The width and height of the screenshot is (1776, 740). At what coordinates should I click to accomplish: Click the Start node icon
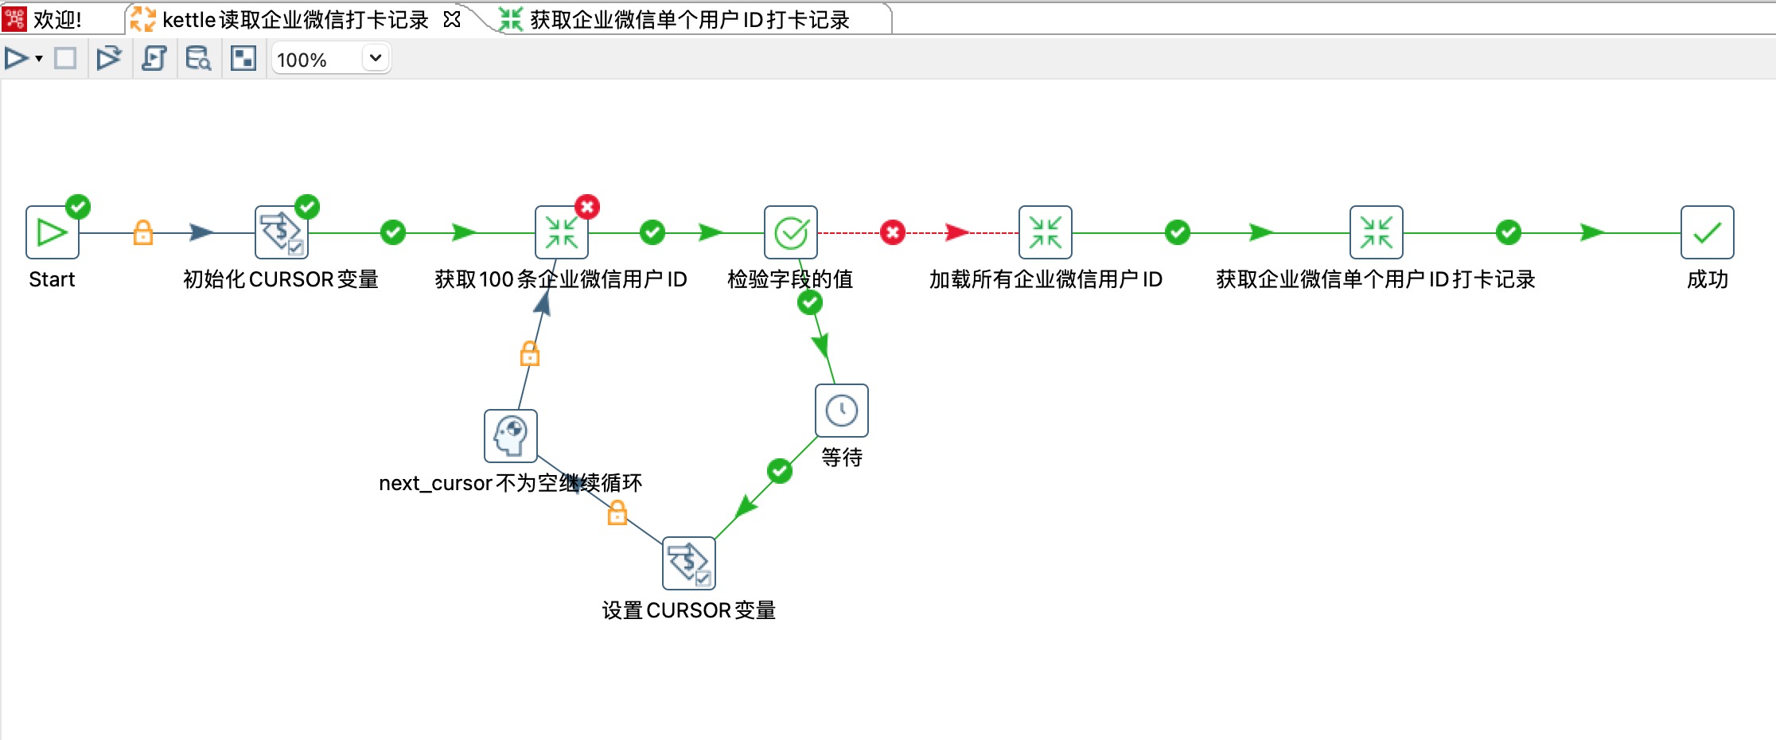pyautogui.click(x=53, y=232)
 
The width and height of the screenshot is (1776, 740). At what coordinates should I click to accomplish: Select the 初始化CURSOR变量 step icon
pyautogui.click(x=281, y=232)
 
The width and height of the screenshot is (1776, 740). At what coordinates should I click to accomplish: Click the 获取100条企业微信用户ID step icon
pyautogui.click(x=561, y=232)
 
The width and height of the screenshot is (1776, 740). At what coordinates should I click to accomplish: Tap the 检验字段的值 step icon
pyautogui.click(x=790, y=232)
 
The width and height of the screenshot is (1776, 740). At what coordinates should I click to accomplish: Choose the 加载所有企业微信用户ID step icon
pyautogui.click(x=1045, y=232)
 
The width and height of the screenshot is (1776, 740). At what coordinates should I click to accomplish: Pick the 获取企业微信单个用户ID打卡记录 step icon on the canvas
pyautogui.click(x=1376, y=232)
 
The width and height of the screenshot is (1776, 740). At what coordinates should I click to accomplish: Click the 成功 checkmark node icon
pyautogui.click(x=1707, y=232)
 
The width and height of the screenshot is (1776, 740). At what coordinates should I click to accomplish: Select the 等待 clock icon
pyautogui.click(x=841, y=411)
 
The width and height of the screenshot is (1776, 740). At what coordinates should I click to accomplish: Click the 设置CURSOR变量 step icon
pyautogui.click(x=688, y=563)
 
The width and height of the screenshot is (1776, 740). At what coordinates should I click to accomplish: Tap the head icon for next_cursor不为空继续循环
pyautogui.click(x=510, y=436)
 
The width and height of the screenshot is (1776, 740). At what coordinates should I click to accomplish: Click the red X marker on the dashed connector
pyautogui.click(x=893, y=232)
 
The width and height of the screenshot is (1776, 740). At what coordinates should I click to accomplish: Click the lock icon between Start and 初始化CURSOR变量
pyautogui.click(x=143, y=232)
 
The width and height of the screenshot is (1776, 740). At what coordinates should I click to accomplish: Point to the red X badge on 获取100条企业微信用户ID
pyautogui.click(x=587, y=207)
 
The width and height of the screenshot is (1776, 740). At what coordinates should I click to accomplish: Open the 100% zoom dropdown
pyautogui.click(x=376, y=58)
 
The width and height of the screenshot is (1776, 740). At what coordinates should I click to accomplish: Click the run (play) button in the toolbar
pyautogui.click(x=16, y=58)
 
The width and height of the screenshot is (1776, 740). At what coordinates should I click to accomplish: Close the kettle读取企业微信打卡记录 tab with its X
pyautogui.click(x=452, y=19)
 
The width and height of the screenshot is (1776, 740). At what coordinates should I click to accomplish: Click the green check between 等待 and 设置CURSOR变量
pyautogui.click(x=780, y=470)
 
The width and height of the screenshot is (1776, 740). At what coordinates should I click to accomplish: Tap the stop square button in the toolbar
pyautogui.click(x=65, y=58)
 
